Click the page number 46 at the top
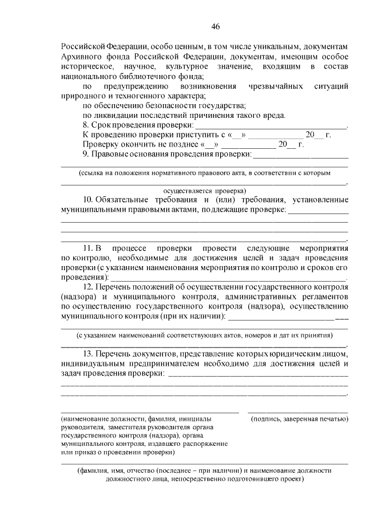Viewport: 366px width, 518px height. (x=215, y=26)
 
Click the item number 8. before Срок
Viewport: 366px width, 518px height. (x=86, y=124)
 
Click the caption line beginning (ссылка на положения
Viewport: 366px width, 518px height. (x=204, y=172)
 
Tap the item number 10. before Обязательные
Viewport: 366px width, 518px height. (x=89, y=200)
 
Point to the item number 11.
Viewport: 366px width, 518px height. (x=89, y=248)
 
